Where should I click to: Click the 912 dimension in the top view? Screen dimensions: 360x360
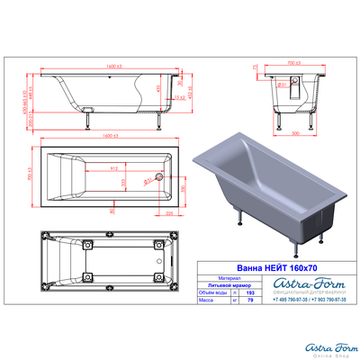tap(113, 168)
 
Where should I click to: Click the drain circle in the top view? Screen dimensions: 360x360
tap(157, 176)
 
